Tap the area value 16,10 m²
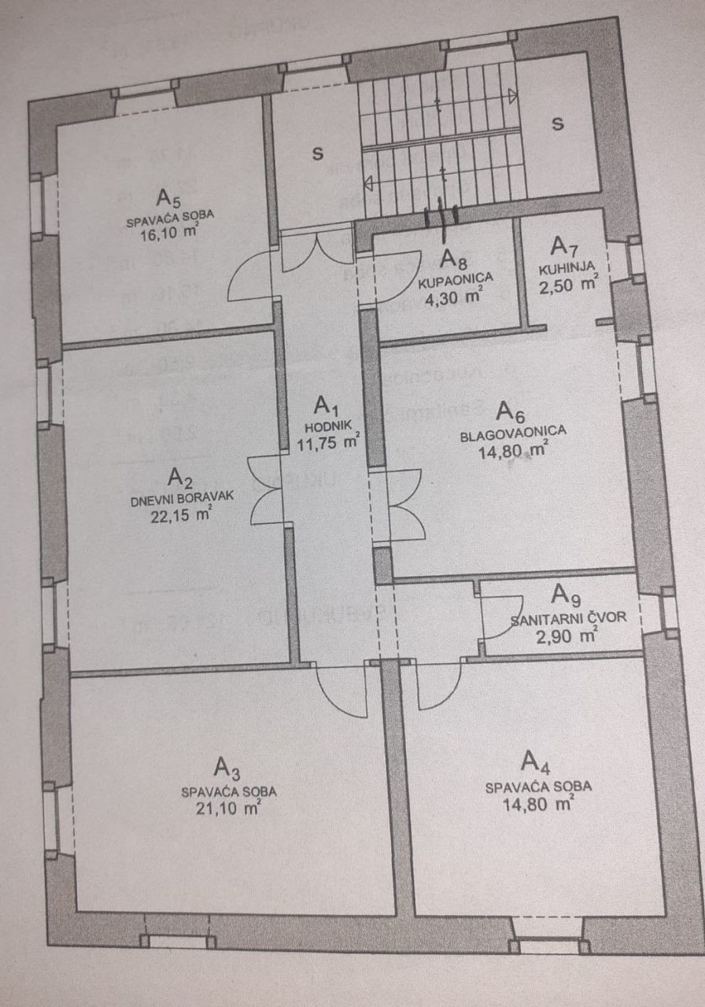point(170,232)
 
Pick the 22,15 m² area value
point(181,515)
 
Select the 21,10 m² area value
point(230,808)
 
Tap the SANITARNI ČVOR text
point(569,618)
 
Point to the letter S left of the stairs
point(318,153)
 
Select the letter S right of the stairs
point(558,124)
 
